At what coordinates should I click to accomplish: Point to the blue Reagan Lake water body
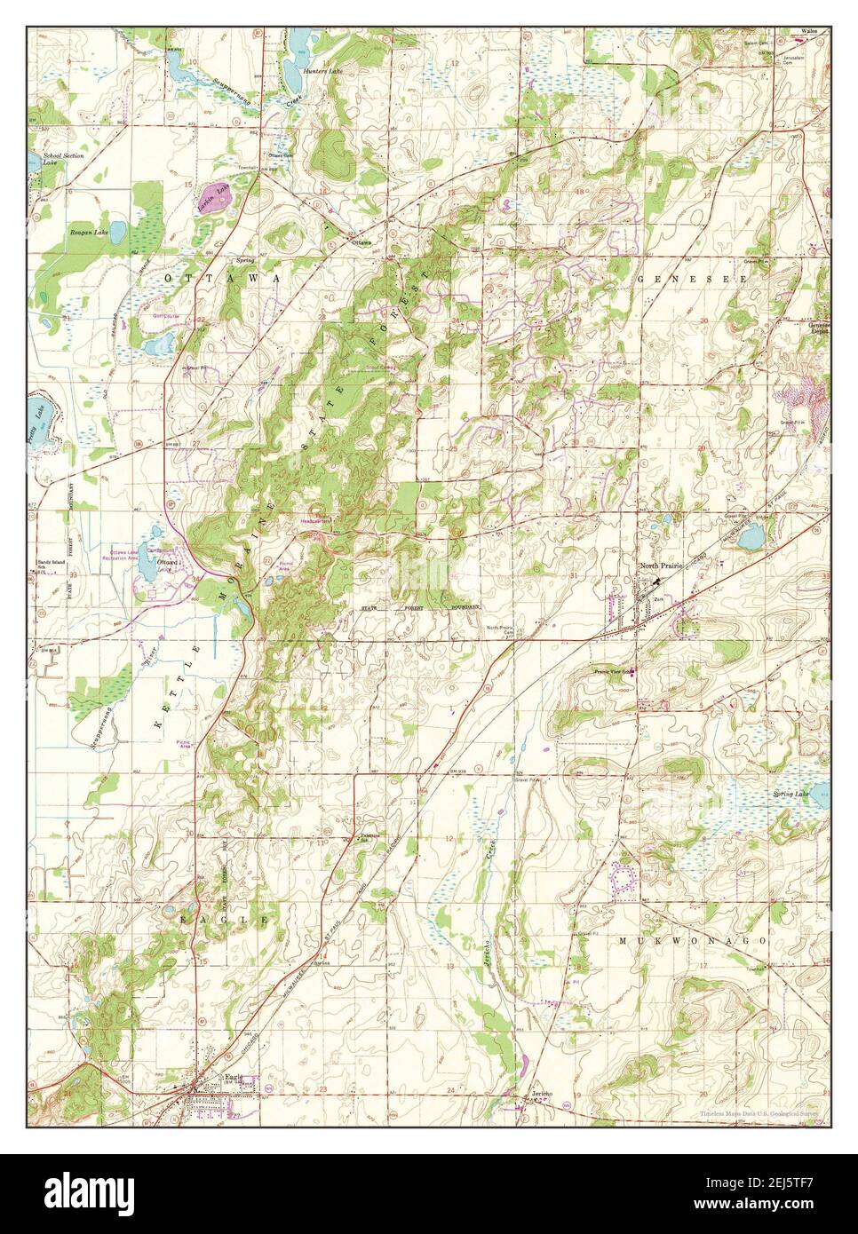coord(118,233)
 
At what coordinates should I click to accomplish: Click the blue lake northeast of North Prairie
coord(751,536)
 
